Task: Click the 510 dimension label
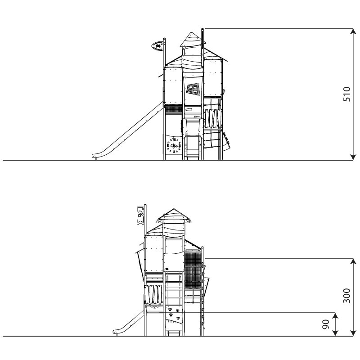coord(346,94)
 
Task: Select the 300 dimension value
coord(346,296)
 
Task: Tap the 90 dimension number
coord(326,324)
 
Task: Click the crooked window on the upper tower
coord(193,89)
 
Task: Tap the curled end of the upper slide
coord(95,156)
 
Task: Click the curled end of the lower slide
coord(116,332)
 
